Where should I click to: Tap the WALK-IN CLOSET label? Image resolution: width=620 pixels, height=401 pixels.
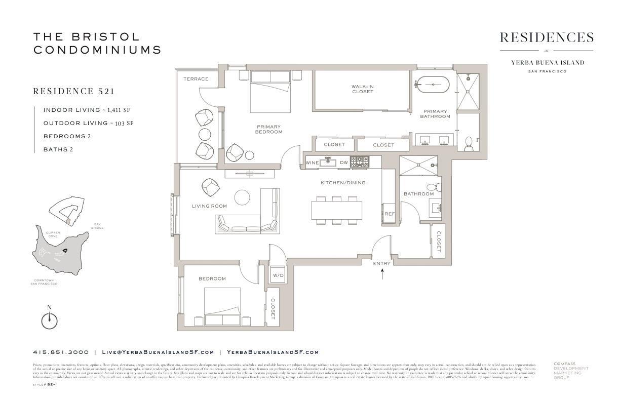[x=362, y=89]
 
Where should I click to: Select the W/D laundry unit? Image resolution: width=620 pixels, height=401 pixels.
[x=278, y=275]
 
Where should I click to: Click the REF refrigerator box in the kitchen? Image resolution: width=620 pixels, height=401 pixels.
[x=389, y=214]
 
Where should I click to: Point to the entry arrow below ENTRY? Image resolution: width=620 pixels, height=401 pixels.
[x=382, y=274]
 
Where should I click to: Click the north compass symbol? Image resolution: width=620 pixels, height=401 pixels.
[x=49, y=320]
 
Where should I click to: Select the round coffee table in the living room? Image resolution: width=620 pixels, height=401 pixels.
[x=242, y=197]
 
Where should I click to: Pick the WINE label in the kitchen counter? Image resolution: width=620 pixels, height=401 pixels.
[x=312, y=163]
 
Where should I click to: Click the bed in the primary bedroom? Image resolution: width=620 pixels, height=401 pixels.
[x=270, y=91]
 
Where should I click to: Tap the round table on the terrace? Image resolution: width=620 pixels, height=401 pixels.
[x=205, y=134]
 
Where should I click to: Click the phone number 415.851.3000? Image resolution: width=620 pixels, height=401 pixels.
[x=61, y=352]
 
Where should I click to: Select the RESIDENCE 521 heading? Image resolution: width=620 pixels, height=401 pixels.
[x=73, y=92]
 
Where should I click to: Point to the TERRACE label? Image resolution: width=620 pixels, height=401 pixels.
[x=196, y=79]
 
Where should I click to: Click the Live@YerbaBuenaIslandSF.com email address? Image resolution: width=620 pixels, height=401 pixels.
[x=158, y=352]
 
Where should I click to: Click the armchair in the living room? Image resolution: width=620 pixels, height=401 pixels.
[x=210, y=187]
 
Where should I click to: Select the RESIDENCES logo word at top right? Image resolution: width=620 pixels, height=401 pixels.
[x=546, y=37]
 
